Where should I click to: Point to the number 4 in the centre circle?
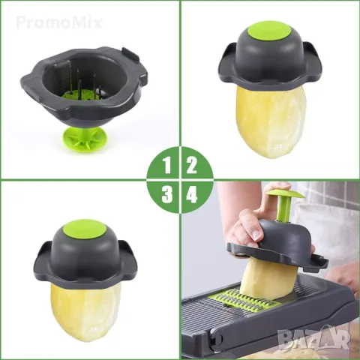[x=191, y=195]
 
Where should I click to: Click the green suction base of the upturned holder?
[x=83, y=139]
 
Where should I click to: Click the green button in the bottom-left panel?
[x=86, y=229]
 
